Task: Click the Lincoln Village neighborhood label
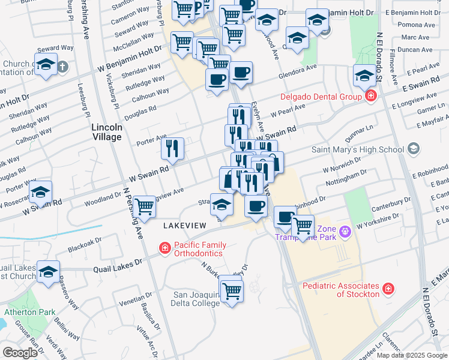click(107, 132)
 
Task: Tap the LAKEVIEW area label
click(185, 225)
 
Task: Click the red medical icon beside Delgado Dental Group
click(371, 96)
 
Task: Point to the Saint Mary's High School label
click(357, 149)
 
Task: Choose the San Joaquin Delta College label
click(196, 299)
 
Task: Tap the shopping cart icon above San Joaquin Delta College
click(231, 291)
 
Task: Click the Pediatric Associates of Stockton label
click(341, 290)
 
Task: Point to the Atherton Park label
click(29, 311)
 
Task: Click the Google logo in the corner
click(20, 353)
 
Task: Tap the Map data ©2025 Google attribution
click(412, 355)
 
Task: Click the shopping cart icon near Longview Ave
click(144, 207)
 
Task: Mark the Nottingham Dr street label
click(345, 178)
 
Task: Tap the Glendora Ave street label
click(297, 76)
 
